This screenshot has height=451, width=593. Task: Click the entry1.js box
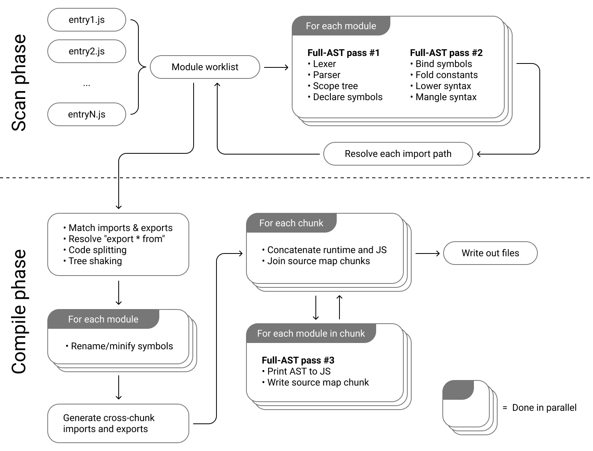(x=86, y=20)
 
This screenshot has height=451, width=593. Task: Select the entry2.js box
(x=86, y=51)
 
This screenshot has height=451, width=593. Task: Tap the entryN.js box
(x=86, y=114)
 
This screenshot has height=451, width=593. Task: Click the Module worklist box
(x=205, y=67)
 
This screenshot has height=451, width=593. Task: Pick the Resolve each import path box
(x=398, y=154)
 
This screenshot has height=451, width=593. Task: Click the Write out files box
(x=490, y=253)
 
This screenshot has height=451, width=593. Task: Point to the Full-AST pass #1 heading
(x=343, y=53)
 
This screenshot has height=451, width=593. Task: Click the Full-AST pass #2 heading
(x=446, y=53)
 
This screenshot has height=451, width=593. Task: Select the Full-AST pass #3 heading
(x=298, y=360)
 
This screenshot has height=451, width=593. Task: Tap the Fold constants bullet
(x=446, y=75)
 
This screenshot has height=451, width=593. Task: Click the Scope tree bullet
(x=335, y=86)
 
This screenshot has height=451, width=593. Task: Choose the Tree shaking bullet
(x=95, y=261)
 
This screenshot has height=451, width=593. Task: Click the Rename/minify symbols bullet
(x=121, y=346)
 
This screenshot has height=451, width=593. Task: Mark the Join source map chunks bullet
(x=318, y=261)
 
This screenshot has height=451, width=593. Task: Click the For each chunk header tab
(x=291, y=223)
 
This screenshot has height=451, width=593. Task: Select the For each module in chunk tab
(x=311, y=334)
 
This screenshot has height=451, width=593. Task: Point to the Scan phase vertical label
(x=19, y=83)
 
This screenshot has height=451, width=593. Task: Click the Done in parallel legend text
(x=544, y=408)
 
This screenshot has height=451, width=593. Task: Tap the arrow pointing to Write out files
(x=428, y=253)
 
